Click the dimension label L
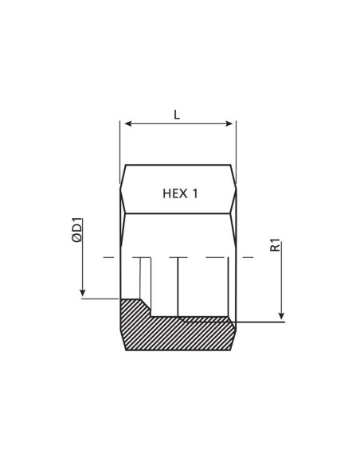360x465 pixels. (177, 115)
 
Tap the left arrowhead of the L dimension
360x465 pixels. (123, 123)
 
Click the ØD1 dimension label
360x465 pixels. (78, 238)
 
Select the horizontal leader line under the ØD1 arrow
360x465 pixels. (101, 299)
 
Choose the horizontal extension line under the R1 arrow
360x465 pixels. (259, 322)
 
